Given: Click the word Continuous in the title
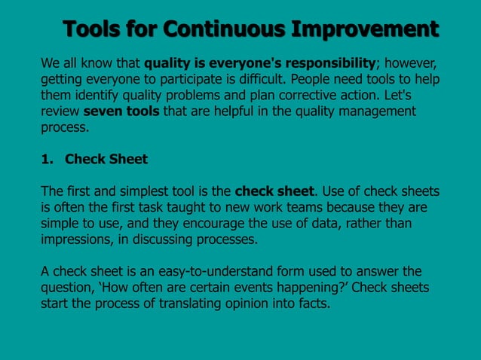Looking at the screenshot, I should (x=224, y=29).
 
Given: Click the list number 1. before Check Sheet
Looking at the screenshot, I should (x=46, y=160).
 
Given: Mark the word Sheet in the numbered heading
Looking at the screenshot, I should (x=128, y=160).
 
